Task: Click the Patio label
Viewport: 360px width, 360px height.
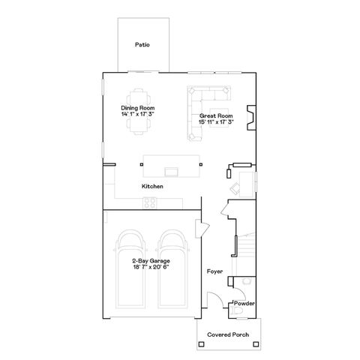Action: tap(142, 45)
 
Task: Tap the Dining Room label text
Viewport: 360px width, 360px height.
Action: tap(138, 109)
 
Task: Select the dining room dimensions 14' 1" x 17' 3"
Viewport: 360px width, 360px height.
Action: tap(138, 115)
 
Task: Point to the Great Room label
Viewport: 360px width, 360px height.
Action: tap(216, 115)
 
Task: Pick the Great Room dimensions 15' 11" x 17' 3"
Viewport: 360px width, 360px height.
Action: tap(216, 121)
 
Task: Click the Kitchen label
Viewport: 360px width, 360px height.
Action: tap(153, 186)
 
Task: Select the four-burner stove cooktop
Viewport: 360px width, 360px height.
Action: tap(149, 202)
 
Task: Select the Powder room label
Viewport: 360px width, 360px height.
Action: tap(244, 303)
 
